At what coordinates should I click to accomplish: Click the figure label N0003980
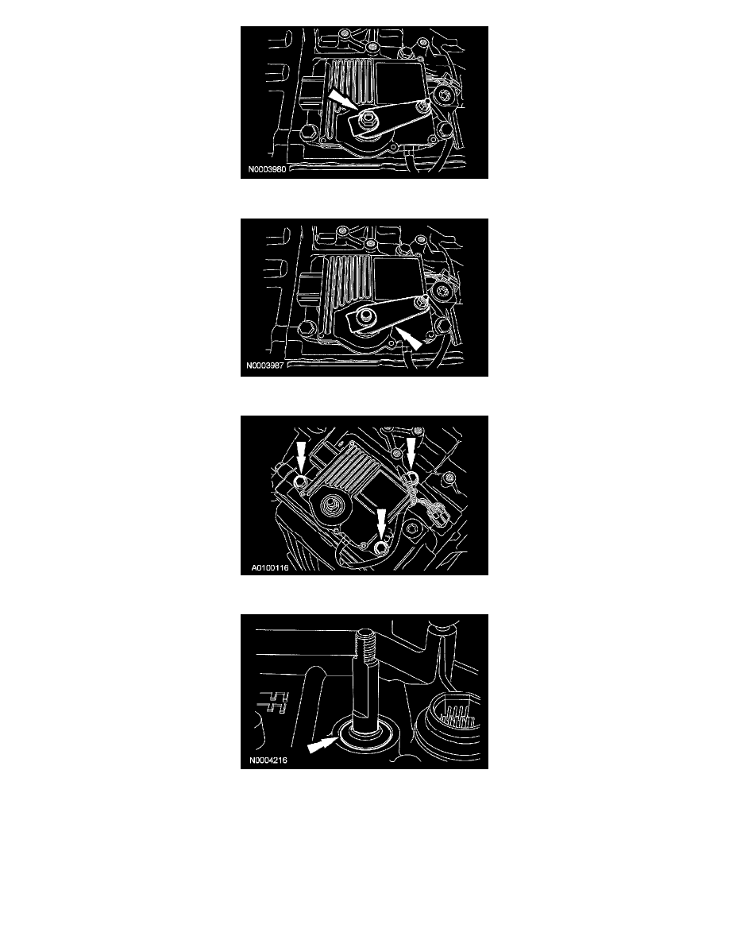tap(267, 169)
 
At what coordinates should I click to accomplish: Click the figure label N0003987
tap(264, 365)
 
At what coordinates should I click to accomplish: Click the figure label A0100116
tap(269, 567)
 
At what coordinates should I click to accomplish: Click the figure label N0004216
tap(268, 760)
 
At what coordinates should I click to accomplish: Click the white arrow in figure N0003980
tap(340, 99)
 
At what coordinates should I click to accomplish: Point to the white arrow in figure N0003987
tap(409, 338)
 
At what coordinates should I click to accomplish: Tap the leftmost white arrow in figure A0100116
tap(301, 456)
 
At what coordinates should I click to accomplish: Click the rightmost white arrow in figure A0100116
tap(411, 453)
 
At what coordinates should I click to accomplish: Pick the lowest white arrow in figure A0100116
tap(381, 524)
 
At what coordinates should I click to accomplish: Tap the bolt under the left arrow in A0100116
tap(301, 480)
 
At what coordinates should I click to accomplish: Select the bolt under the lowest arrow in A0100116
tap(380, 547)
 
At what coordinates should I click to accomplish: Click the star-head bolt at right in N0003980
tap(446, 95)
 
